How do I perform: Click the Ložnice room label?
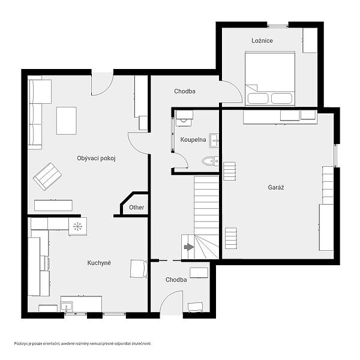[x=262, y=41]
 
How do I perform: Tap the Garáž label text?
[x=276, y=187]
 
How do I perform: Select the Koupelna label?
[x=193, y=140]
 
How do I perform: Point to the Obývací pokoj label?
[x=96, y=158]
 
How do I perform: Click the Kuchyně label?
[x=99, y=263]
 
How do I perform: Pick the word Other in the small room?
[x=137, y=208]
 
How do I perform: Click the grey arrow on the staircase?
[x=189, y=247]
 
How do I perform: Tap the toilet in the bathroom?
[x=210, y=161]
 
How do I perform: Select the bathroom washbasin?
[x=214, y=140]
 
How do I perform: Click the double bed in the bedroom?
[x=270, y=79]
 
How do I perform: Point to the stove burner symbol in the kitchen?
[x=77, y=226]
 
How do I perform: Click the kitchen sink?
[x=67, y=306]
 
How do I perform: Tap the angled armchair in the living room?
[x=47, y=176]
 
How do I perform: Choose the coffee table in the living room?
[x=67, y=121]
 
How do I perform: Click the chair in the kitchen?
[x=139, y=269]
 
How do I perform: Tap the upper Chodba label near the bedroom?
[x=185, y=91]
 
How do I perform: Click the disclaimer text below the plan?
[x=83, y=344]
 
